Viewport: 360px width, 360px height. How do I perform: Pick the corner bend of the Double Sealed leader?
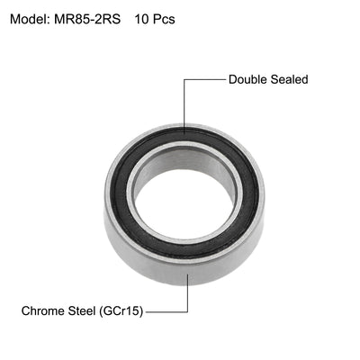point(184,79)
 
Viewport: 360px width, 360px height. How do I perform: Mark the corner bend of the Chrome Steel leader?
point(187,311)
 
